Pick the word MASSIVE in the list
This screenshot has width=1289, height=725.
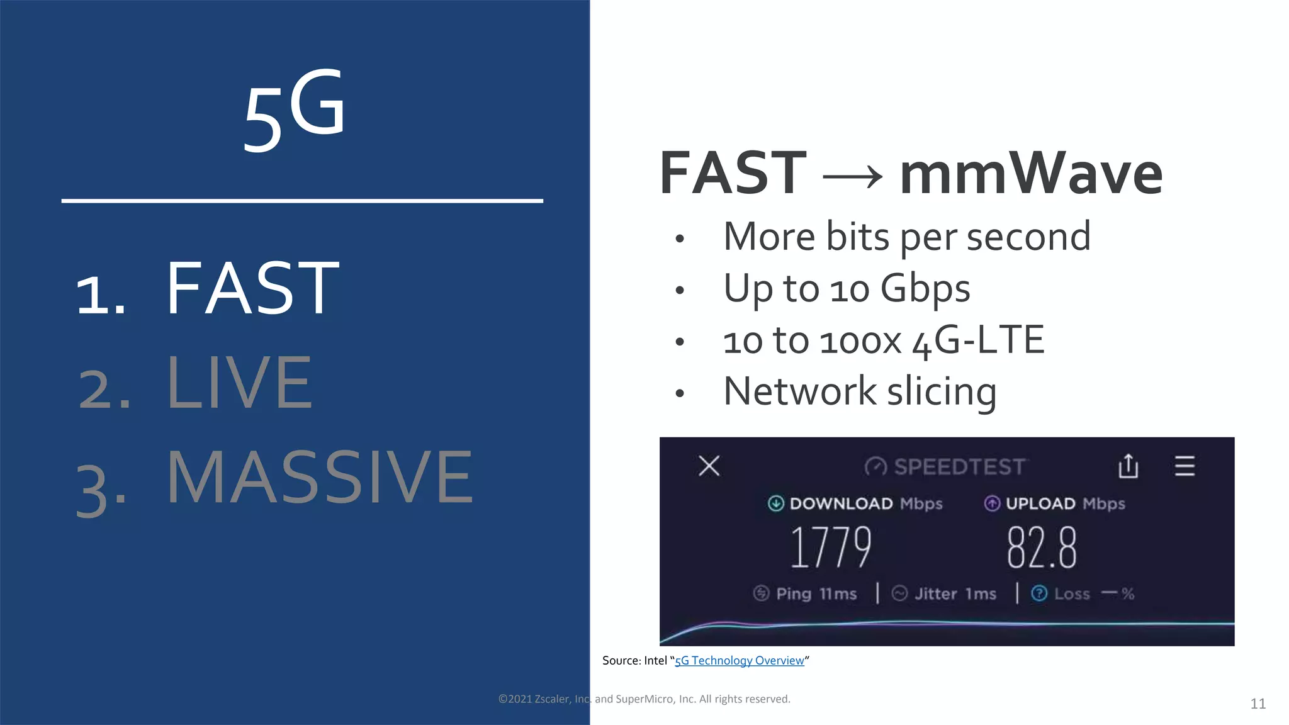click(x=319, y=478)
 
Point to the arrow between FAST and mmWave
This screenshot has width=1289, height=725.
click(x=853, y=177)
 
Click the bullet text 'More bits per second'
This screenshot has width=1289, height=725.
click(x=906, y=237)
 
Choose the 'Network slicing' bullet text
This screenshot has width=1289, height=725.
click(x=860, y=391)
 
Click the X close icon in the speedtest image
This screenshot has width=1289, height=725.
click(x=709, y=466)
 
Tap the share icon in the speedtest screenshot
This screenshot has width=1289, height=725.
click(x=1128, y=466)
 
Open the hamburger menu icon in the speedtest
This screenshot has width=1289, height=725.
click(x=1185, y=466)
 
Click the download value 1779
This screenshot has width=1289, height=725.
click(x=831, y=548)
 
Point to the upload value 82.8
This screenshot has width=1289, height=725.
click(x=1042, y=548)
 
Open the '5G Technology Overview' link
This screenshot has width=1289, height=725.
click(x=739, y=661)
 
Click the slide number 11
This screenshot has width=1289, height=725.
click(x=1258, y=704)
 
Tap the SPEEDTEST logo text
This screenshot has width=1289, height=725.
click(x=959, y=467)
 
